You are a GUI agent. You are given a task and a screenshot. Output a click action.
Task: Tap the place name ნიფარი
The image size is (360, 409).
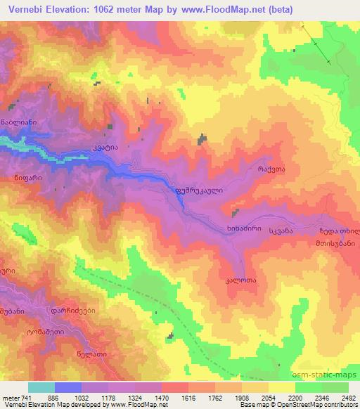27,178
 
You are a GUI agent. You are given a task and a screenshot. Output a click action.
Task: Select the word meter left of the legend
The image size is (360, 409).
10,398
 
